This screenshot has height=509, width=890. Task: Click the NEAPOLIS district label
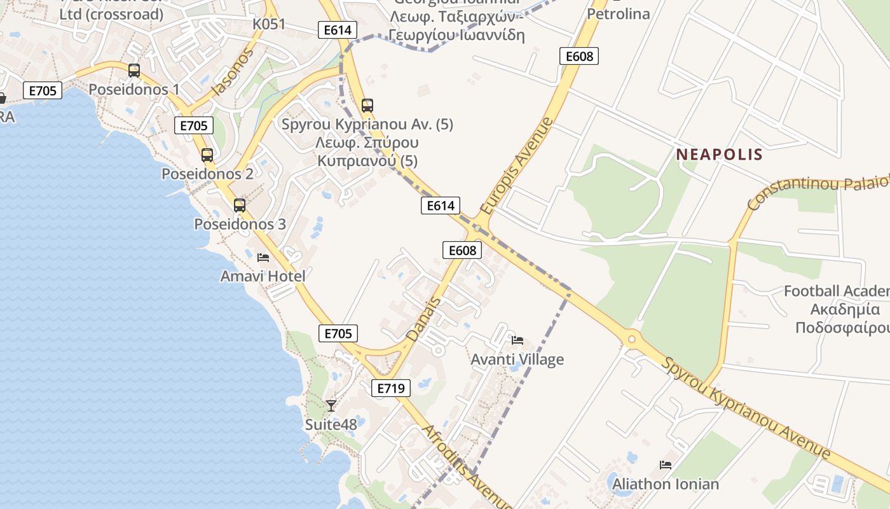click(x=719, y=154)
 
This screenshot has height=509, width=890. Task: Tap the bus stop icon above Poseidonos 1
click(x=133, y=71)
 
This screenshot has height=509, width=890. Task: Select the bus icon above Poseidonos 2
click(x=207, y=155)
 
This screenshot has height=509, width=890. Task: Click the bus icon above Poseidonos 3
click(x=239, y=205)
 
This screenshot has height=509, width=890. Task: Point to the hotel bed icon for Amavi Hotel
click(x=263, y=257)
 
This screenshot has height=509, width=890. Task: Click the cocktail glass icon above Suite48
click(x=331, y=405)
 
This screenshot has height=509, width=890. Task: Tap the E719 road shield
click(x=390, y=387)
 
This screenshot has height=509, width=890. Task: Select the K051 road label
click(x=269, y=24)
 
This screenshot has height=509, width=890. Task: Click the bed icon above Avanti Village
click(x=517, y=340)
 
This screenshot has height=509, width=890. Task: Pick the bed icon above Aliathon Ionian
click(x=666, y=465)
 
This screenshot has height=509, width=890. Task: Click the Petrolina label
click(x=619, y=13)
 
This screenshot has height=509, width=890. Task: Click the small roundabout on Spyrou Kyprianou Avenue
click(x=631, y=339)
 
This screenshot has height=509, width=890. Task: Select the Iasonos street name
click(x=232, y=72)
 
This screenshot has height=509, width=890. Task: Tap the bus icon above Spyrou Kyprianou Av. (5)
click(x=367, y=106)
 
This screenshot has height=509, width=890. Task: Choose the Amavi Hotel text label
click(x=263, y=276)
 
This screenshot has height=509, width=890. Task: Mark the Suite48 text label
click(x=331, y=424)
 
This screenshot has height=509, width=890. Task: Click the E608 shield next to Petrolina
click(x=579, y=56)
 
